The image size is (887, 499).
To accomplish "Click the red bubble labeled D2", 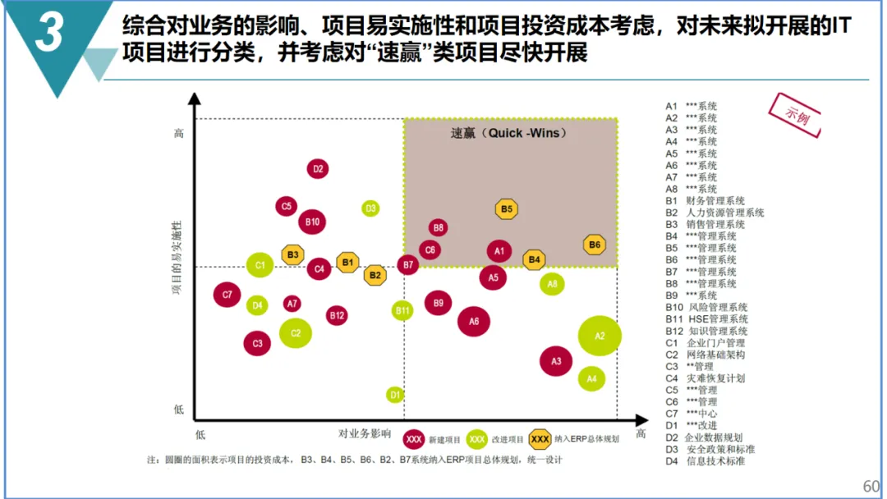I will coord(318,169).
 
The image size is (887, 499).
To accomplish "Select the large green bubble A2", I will coord(600,335).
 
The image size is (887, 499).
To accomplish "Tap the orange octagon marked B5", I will coord(507,209).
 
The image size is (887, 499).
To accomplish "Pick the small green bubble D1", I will coord(395,395).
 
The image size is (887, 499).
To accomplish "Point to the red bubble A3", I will coord(556,360).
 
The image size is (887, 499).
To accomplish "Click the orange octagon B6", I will coord(595,245).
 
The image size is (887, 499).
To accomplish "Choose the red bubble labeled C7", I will coord(227,295).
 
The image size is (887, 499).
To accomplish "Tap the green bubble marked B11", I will coord(402,310).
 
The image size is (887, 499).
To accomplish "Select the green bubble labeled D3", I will coord(370,208).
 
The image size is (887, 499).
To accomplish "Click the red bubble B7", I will coord(408,264).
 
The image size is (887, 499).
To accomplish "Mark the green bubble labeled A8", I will coord(553,284).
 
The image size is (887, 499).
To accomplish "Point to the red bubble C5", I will coord(287,206).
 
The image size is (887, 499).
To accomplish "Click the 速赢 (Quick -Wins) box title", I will coord(509,133).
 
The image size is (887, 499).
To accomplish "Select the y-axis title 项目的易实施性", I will coord(176,257).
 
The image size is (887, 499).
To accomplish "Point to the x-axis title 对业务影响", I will coord(365,433).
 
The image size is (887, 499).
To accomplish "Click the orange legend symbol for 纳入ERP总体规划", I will coord(540,439).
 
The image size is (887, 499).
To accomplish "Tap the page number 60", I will coord(871,486).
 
